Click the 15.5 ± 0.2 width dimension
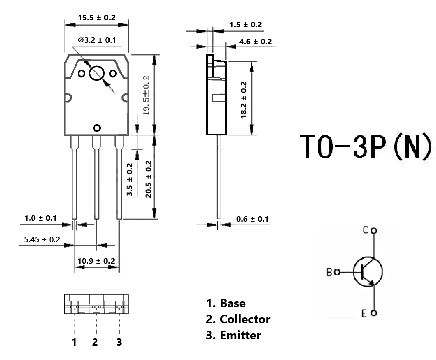pos(96,18)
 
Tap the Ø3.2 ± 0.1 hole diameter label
pos(97,40)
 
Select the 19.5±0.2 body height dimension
pos(146,95)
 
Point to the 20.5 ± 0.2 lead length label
pos(149,179)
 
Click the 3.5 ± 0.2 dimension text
pos(129,179)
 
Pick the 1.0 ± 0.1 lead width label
pos(40,218)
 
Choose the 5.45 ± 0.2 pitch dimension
pos(42,240)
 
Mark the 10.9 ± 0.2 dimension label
pos(96,261)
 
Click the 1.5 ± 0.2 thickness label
pos(246,25)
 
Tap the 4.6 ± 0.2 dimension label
pos(255,42)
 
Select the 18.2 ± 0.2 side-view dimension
pos(244,100)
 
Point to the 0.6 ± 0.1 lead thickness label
pos(252,219)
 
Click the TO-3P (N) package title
pos(367,146)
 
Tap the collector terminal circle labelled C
pos(374,231)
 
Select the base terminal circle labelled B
pos(337,272)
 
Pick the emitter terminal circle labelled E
pos(374,313)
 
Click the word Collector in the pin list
pos(245,319)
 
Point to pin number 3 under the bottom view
pos(119,342)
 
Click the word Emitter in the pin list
pos(240,335)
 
